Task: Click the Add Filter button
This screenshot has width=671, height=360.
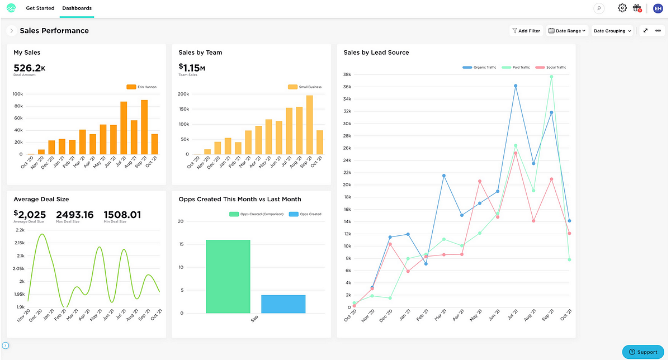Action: point(526,31)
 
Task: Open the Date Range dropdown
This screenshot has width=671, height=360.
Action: point(567,31)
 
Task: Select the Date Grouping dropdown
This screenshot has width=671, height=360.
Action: point(612,31)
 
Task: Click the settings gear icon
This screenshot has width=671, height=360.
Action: point(622,8)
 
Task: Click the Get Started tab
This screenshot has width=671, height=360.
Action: point(40,8)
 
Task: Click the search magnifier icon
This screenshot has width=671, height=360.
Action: point(599,8)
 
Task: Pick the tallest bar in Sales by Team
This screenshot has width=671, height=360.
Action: point(309,125)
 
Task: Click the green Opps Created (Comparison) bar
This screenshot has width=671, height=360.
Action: point(228,277)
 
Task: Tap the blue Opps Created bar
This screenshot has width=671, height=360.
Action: point(283,304)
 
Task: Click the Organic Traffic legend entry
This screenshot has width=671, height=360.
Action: point(479,68)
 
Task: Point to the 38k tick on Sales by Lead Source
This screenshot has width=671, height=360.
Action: point(347,74)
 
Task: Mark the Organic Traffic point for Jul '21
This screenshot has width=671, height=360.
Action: point(516,86)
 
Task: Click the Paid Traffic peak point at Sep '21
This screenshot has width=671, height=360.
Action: point(551,77)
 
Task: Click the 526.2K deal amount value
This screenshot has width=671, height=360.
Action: point(29,68)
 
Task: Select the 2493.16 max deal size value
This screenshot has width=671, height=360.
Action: point(75,215)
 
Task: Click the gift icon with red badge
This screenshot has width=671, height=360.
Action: point(637,8)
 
